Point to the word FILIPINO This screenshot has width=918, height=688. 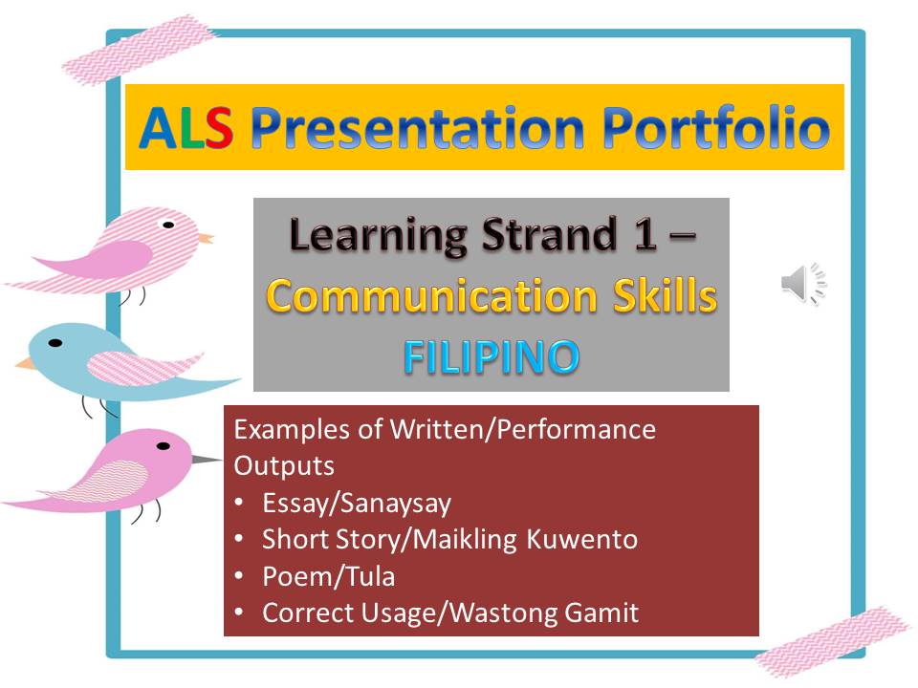pyautogui.click(x=491, y=356)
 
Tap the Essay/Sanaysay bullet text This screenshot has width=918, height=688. pyautogui.click(x=357, y=503)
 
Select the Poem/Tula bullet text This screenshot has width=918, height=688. pyautogui.click(x=328, y=576)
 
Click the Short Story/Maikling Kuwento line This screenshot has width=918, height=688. pyautogui.click(x=449, y=539)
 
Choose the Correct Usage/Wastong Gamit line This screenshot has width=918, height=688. pyautogui.click(x=449, y=613)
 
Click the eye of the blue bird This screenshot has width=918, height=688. pyautogui.click(x=55, y=342)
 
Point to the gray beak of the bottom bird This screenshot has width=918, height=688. pyautogui.click(x=207, y=460)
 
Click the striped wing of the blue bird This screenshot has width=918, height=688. pyautogui.click(x=143, y=367)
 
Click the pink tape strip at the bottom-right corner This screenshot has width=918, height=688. pyautogui.click(x=832, y=640)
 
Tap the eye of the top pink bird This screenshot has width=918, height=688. pyautogui.click(x=168, y=226)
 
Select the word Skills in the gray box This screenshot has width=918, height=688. pyautogui.click(x=667, y=297)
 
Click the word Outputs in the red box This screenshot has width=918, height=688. pyautogui.click(x=284, y=466)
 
